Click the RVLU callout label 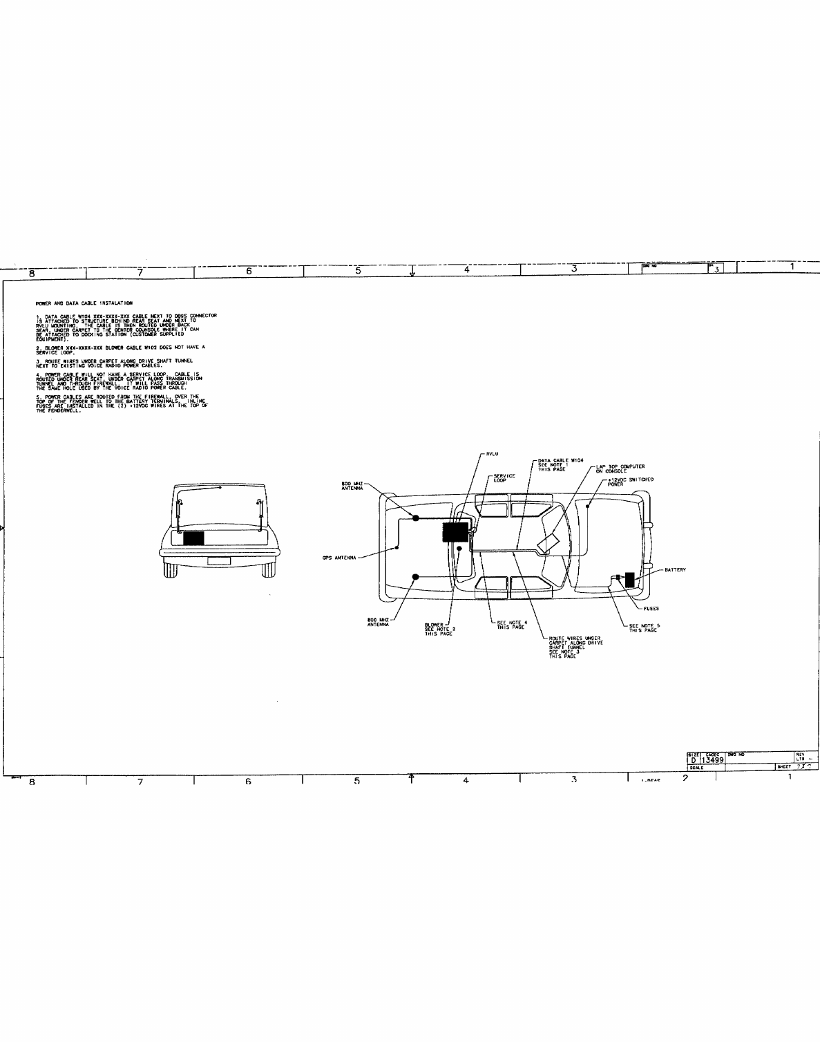pos(493,453)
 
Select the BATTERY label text pos(675,570)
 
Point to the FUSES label pos(651,609)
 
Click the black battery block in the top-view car pos(629,579)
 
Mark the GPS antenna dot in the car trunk pos(397,548)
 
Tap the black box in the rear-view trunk pos(194,538)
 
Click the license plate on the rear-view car pos(219,561)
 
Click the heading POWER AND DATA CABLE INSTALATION pos(84,303)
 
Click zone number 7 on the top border pos(140,272)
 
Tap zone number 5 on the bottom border pos(357,781)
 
